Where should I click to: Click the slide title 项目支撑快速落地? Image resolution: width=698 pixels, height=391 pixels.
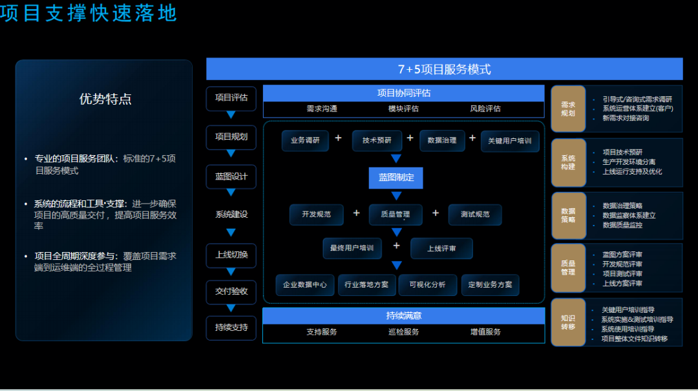(88, 13)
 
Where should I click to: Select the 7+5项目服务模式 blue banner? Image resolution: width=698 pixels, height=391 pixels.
(444, 69)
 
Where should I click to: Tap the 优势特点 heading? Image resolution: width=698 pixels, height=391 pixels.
(105, 99)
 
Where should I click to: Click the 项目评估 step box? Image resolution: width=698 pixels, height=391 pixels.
(231, 98)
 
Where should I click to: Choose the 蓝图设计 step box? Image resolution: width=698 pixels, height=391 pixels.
(231, 176)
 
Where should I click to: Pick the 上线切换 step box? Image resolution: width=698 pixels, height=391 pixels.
(231, 255)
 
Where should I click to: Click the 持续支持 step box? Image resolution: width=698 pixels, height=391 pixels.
(231, 327)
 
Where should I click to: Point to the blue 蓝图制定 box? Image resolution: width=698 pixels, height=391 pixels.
(396, 177)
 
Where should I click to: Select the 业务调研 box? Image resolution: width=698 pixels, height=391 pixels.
(306, 140)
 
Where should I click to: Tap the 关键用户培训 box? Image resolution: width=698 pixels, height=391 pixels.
(510, 141)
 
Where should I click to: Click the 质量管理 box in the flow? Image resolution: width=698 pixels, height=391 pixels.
(396, 215)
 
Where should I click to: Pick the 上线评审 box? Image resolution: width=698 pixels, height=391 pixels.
(441, 248)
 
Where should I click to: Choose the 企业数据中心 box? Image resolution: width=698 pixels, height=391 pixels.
(305, 285)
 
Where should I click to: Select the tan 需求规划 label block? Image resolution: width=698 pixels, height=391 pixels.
(568, 109)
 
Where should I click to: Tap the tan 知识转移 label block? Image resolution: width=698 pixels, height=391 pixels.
(568, 322)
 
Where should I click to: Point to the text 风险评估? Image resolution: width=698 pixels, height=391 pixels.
(485, 109)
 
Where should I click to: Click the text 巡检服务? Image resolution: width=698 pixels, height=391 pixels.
(403, 332)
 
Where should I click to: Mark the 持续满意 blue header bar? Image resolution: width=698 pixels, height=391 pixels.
(404, 316)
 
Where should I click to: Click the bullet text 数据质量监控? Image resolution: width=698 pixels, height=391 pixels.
(622, 225)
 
